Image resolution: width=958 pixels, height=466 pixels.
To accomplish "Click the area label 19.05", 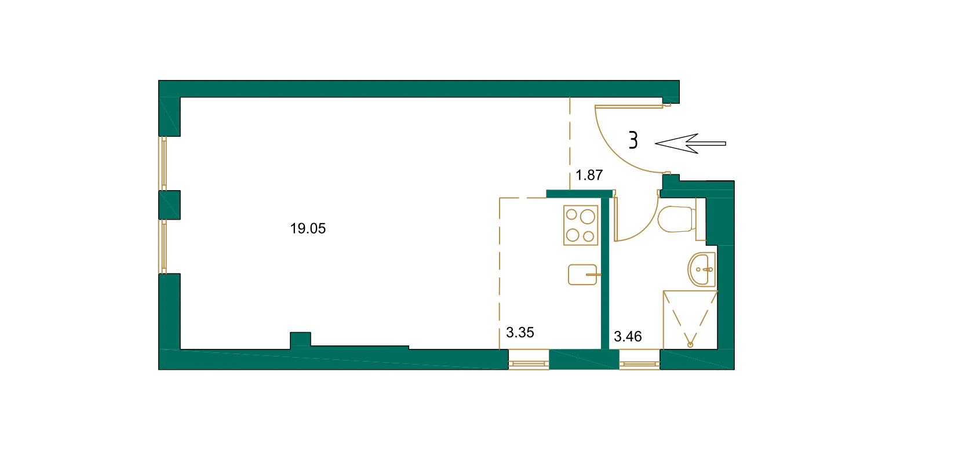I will click(x=308, y=228).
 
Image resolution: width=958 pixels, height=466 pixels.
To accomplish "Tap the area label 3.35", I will click(x=520, y=333).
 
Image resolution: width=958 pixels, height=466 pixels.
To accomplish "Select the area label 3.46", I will click(x=628, y=337).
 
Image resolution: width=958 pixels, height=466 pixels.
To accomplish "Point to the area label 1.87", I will click(x=589, y=175).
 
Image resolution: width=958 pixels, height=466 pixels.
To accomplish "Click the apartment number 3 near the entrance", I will click(x=633, y=140).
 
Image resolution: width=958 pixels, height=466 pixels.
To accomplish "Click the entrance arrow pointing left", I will click(x=690, y=143).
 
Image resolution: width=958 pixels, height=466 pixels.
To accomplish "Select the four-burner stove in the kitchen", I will click(x=581, y=225).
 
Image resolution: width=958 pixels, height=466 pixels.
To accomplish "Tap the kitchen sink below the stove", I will click(x=582, y=275).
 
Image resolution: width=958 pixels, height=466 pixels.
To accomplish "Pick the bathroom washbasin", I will click(x=702, y=270).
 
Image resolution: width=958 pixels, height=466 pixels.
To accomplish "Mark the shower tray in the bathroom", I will click(x=690, y=319).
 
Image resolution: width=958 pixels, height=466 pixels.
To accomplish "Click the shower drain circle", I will click(x=690, y=345).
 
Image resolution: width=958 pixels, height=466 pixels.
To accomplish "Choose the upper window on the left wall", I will click(x=164, y=163).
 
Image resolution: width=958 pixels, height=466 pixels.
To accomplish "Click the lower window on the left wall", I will click(x=164, y=246).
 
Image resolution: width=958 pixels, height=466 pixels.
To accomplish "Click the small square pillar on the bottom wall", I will click(x=300, y=340).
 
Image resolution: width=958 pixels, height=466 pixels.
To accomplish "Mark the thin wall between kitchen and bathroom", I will click(x=605, y=272).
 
